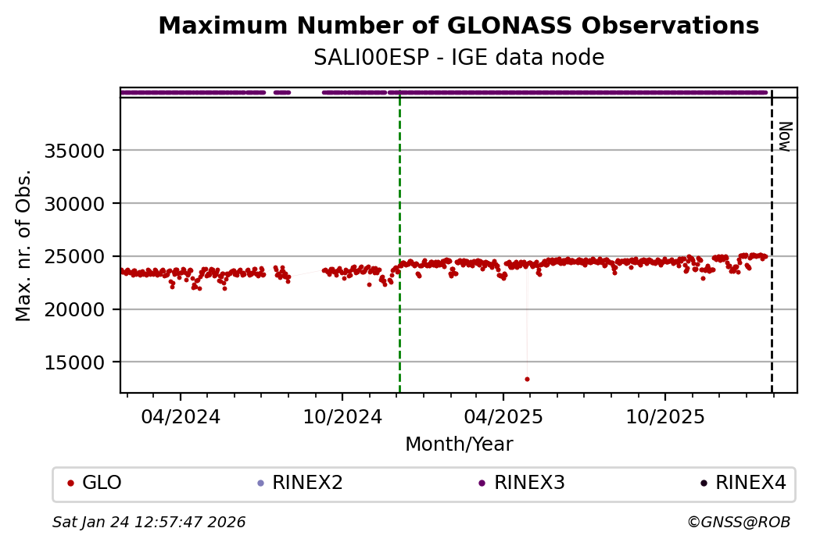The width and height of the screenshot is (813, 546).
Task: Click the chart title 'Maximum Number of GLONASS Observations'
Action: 458,26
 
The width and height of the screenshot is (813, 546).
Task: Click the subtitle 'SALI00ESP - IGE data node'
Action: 458,58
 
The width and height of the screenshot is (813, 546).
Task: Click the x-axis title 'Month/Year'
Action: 459,444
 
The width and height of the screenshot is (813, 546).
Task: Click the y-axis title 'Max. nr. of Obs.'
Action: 24,245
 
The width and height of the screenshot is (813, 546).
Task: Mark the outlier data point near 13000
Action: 527,379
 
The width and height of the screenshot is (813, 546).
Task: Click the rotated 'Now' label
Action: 785,136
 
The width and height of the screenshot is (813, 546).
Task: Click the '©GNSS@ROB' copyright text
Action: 739,522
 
